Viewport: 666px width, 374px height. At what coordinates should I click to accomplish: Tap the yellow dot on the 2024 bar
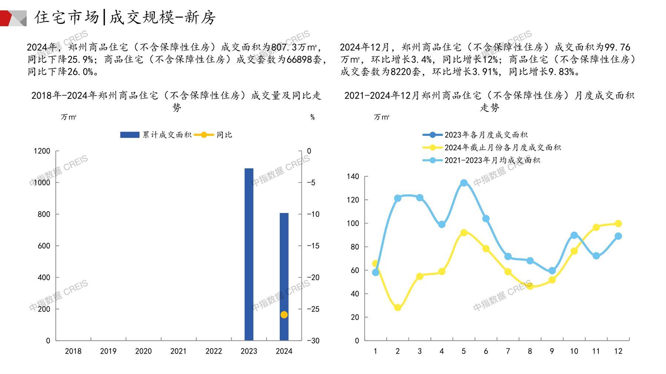[x=284, y=315]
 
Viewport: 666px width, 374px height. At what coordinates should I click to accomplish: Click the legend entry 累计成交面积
[x=156, y=135]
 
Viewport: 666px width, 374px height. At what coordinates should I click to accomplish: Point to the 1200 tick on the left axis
[x=42, y=151]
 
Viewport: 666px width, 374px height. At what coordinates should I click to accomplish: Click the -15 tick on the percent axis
[x=313, y=246]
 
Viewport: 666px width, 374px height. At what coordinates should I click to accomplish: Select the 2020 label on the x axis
[x=143, y=351]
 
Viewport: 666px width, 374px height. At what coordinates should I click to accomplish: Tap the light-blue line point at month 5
[x=464, y=183]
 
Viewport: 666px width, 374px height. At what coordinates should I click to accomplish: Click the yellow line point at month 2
[x=398, y=307]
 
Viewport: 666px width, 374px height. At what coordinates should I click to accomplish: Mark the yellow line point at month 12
[x=618, y=224]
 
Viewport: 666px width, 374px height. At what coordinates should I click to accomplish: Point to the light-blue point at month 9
[x=552, y=271]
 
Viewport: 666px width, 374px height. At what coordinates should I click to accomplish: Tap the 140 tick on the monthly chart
[x=353, y=177]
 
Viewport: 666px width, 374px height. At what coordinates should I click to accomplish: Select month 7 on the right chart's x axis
[x=508, y=351]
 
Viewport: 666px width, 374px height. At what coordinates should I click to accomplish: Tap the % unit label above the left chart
[x=312, y=117]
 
